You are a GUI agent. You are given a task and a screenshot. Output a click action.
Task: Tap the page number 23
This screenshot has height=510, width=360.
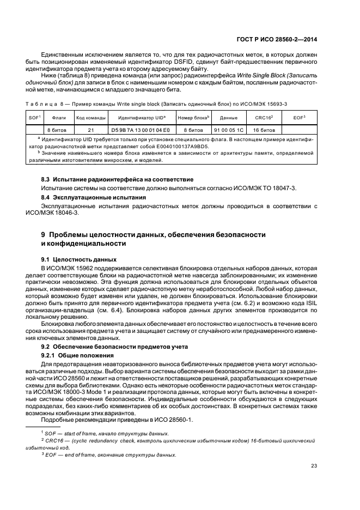pyautogui.click(x=314, y=465)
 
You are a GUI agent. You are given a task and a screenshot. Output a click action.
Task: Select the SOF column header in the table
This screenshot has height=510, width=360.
pyautogui.click(x=34, y=117)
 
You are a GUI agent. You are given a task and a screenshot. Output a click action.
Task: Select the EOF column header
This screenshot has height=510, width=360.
pyautogui.click(x=299, y=117)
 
